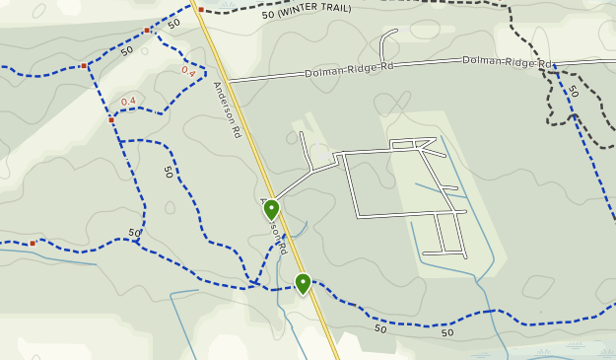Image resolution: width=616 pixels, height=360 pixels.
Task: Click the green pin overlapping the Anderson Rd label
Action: click(271, 209)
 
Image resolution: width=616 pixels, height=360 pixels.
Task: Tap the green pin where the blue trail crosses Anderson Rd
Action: click(303, 283)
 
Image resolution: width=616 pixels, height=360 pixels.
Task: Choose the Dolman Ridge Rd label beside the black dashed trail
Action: click(506, 61)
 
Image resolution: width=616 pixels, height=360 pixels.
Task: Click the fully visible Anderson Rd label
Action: click(227, 108)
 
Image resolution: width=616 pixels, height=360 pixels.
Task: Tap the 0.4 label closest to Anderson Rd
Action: click(188, 71)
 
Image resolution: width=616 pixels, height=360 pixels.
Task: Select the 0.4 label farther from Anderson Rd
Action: click(128, 102)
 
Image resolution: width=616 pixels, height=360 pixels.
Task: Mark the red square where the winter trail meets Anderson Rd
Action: click(200, 10)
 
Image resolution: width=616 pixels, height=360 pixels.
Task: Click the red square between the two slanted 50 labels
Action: click(147, 31)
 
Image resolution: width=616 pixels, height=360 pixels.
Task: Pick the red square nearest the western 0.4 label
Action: click(111, 120)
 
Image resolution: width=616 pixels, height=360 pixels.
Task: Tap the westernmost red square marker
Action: click(33, 243)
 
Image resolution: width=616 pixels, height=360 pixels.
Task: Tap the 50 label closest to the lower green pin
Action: click(380, 327)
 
